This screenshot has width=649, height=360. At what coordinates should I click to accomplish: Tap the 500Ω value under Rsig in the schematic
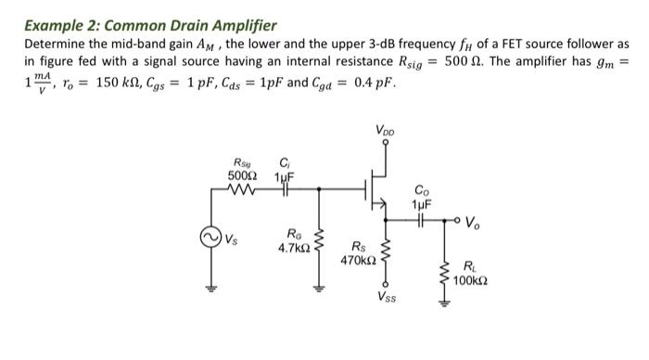242,175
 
